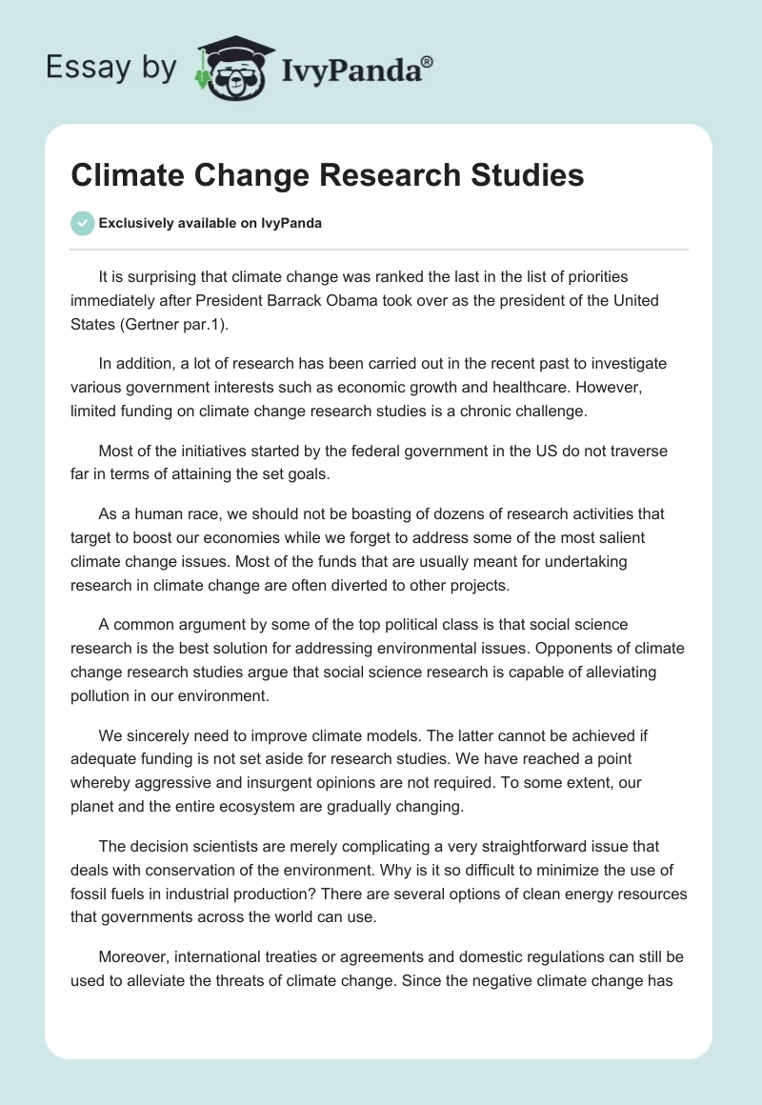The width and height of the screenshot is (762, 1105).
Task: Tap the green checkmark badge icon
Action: click(x=82, y=223)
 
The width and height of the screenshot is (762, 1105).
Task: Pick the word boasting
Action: click(x=404, y=513)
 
